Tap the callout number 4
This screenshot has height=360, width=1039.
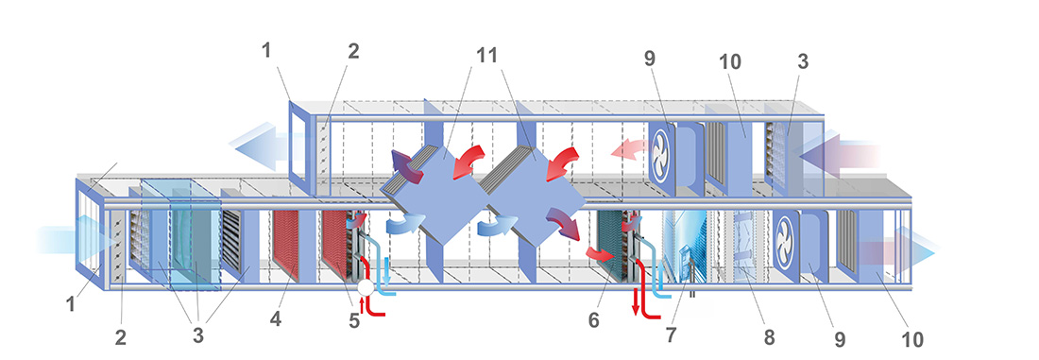point(275,320)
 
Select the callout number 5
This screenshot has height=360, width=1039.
point(354,321)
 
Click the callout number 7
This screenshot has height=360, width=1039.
point(672,335)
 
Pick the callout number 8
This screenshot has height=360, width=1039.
point(769,336)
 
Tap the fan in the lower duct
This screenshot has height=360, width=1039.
point(787,236)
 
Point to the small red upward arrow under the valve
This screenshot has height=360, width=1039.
point(362,302)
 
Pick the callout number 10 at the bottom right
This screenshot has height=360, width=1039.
point(912,339)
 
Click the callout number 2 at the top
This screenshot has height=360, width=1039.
point(353,51)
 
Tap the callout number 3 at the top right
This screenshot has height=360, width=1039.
point(803,61)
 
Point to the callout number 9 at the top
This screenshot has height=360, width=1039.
point(649,59)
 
